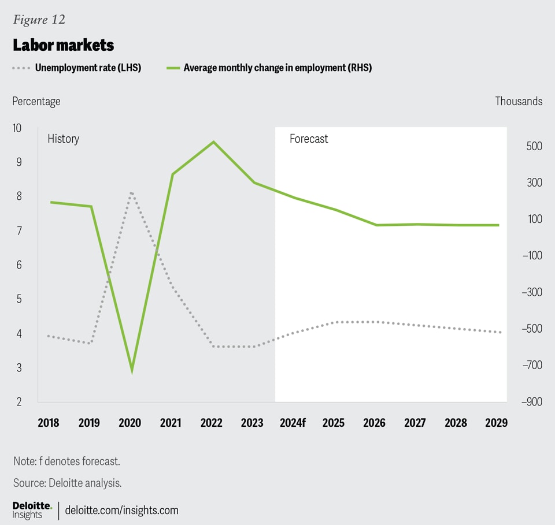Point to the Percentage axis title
click(x=36, y=101)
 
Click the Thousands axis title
click(x=519, y=101)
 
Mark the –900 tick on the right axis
click(x=531, y=401)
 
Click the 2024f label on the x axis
click(x=293, y=423)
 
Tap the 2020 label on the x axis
click(x=129, y=423)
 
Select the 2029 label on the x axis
click(x=496, y=423)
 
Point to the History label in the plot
click(x=63, y=139)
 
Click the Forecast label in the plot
click(x=309, y=139)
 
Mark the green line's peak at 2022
click(x=214, y=142)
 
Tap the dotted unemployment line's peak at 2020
click(x=132, y=193)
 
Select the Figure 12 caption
click(x=39, y=20)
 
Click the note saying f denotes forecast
click(x=66, y=461)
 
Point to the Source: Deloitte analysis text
click(x=67, y=483)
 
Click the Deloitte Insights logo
click(x=32, y=509)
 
